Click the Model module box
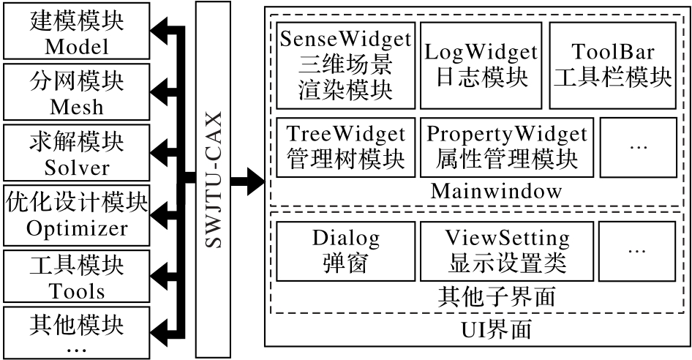pyautogui.click(x=77, y=31)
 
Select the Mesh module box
pyautogui.click(x=77, y=92)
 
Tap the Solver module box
pyautogui.click(x=77, y=152)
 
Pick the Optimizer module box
pyautogui.click(x=77, y=216)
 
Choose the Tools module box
pyautogui.click(x=77, y=276)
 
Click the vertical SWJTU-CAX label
pyautogui.click(x=213, y=179)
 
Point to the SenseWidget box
pyautogui.click(x=345, y=65)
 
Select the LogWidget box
pyautogui.click(x=481, y=65)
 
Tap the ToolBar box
pyautogui.click(x=612, y=65)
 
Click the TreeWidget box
pyautogui.click(x=345, y=147)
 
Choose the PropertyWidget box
pyautogui.click(x=507, y=147)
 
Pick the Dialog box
pyautogui.click(x=345, y=251)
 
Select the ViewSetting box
pyautogui.click(x=507, y=251)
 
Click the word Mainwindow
pyautogui.click(x=496, y=191)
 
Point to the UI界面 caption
pyautogui.click(x=496, y=330)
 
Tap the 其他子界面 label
pyautogui.click(x=496, y=296)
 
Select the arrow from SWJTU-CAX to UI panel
pyautogui.click(x=247, y=180)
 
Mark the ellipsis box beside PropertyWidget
pyautogui.click(x=638, y=147)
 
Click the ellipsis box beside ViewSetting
pyautogui.click(x=637, y=251)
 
